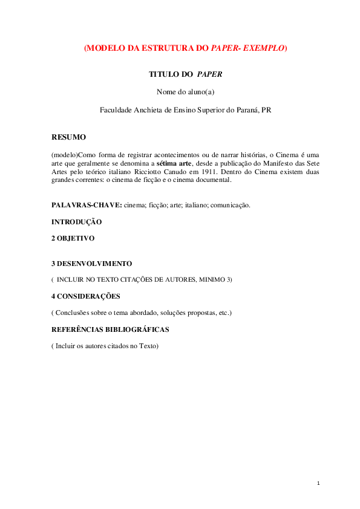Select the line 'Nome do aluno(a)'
click(186, 92)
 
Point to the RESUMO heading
click(68, 137)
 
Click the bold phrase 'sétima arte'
click(175, 163)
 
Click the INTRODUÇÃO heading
click(76, 222)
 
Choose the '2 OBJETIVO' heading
click(73, 238)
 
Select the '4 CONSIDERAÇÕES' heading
click(86, 296)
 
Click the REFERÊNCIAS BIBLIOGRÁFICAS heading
click(110, 329)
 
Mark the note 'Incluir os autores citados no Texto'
click(105, 346)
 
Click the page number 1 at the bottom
click(318, 483)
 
